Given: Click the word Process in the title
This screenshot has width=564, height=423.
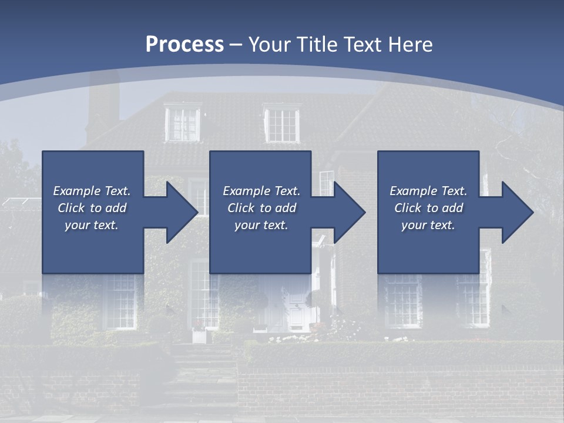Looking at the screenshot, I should (x=184, y=45).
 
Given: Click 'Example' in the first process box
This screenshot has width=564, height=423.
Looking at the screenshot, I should (x=77, y=191).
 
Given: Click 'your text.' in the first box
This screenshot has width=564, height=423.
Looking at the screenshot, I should (x=92, y=225).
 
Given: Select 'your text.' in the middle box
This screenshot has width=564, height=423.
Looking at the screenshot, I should (x=261, y=225).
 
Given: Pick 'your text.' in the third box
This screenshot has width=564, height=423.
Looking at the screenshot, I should (x=428, y=225).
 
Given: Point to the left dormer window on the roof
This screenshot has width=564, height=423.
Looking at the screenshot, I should (x=183, y=123).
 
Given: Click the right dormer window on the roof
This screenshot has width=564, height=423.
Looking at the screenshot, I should (x=281, y=125).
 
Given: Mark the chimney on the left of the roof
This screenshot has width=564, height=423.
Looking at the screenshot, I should (x=103, y=109).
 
